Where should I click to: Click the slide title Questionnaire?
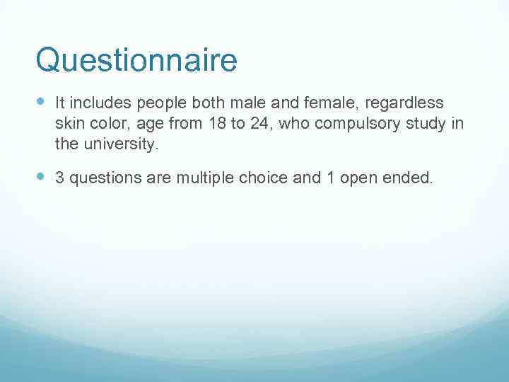[136, 61]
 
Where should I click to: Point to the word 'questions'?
[102, 178]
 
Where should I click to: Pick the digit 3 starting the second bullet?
[59, 178]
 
